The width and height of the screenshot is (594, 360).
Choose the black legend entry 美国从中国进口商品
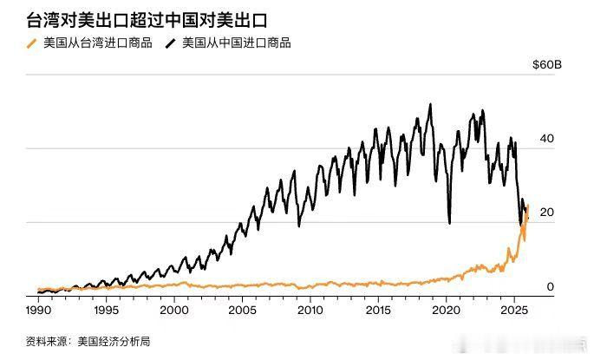point(236,43)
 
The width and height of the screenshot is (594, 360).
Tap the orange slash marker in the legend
point(33,43)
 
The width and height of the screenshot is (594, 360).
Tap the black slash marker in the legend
point(171,43)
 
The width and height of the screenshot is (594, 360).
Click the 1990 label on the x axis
point(38,310)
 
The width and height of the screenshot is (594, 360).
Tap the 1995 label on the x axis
point(106,310)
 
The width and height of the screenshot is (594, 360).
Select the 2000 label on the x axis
point(174,310)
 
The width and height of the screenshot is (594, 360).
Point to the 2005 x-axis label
point(242,310)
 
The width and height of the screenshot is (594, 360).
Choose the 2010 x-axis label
point(310,310)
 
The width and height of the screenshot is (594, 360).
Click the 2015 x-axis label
point(378,310)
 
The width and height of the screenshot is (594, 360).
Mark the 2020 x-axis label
point(446,310)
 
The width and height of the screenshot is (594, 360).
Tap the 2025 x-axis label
point(513,310)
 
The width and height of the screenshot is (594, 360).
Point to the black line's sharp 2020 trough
point(449,222)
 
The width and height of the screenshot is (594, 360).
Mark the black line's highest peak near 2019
point(431,105)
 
